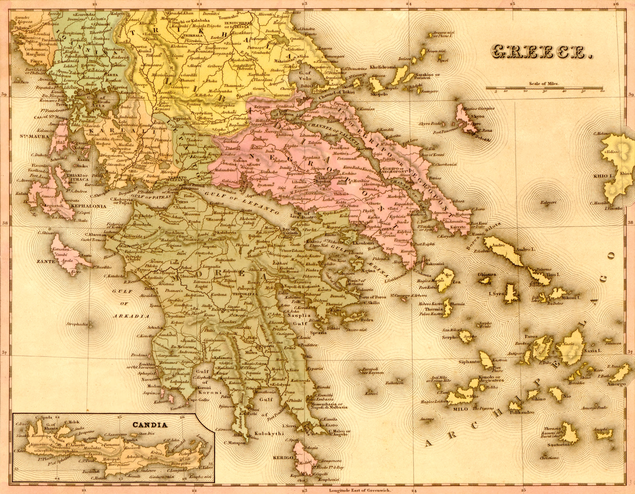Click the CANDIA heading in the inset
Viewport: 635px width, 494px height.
point(150,425)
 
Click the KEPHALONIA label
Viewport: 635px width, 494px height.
point(88,206)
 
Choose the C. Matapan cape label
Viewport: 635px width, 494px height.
point(235,442)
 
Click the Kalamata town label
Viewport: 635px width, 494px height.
point(222,357)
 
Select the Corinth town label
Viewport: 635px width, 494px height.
point(287,238)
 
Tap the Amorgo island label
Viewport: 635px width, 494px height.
point(617,384)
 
